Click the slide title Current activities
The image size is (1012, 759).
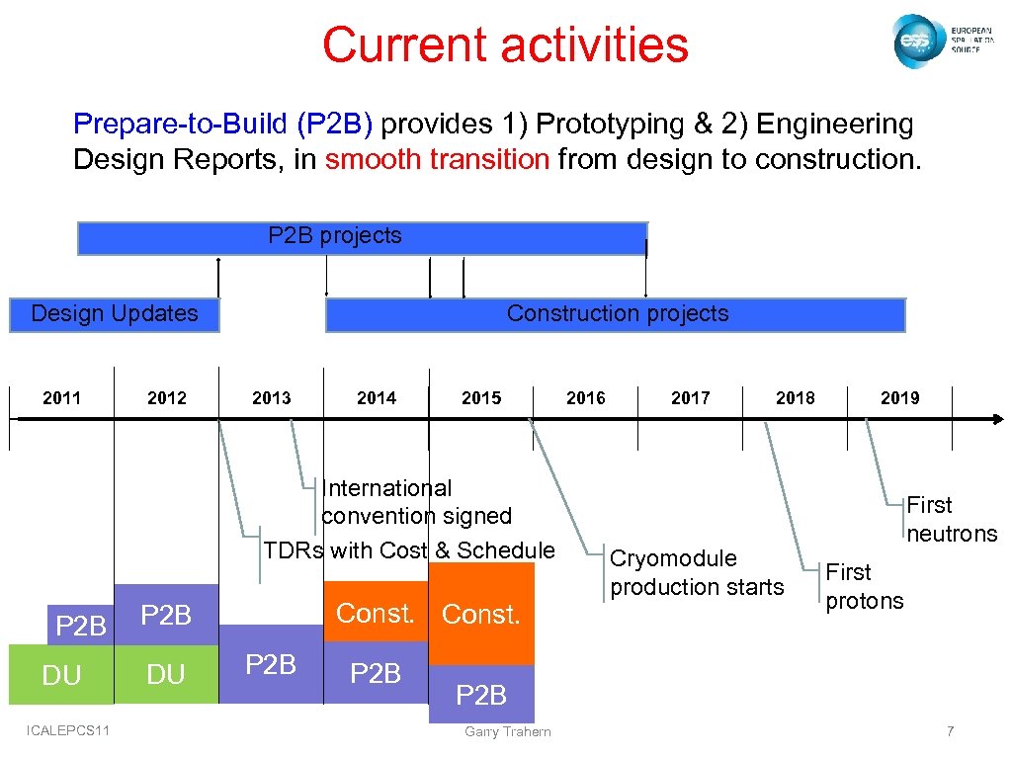505,45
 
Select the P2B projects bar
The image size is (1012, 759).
362,237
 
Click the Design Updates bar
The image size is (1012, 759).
114,314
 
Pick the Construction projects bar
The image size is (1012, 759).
616,314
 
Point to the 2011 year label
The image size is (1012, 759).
62,398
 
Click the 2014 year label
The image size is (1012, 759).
377,398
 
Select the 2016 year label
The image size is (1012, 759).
586,398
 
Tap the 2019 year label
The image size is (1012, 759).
899,398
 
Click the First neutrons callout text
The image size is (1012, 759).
952,520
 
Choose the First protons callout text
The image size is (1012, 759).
864,586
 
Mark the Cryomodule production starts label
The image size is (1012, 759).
697,572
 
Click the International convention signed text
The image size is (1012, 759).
416,502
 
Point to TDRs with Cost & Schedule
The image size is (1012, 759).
409,550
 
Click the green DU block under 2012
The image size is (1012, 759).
166,674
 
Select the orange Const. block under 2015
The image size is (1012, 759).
481,614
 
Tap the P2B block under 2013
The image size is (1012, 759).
271,664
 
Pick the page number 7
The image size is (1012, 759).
950,731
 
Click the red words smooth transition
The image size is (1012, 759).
437,160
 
